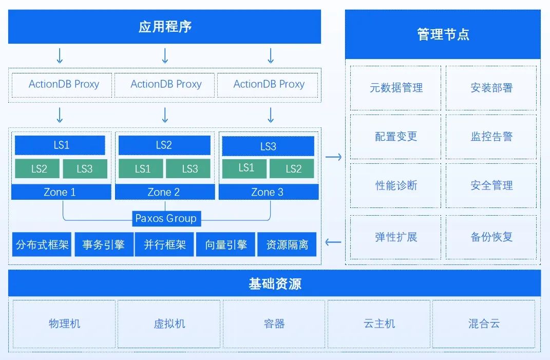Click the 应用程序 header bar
164,27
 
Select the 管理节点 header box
443,35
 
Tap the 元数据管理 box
396,88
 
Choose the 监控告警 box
491,137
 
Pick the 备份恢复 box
491,237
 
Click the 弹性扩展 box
396,237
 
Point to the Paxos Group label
166,219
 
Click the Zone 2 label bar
164,192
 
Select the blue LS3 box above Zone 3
268,146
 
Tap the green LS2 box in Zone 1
39,169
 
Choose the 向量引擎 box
226,245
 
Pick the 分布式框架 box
42,245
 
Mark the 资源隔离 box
287,245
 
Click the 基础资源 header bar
275,283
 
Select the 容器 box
274,324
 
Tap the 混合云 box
484,324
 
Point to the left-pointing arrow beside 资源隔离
333,242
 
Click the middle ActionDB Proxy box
165,85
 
